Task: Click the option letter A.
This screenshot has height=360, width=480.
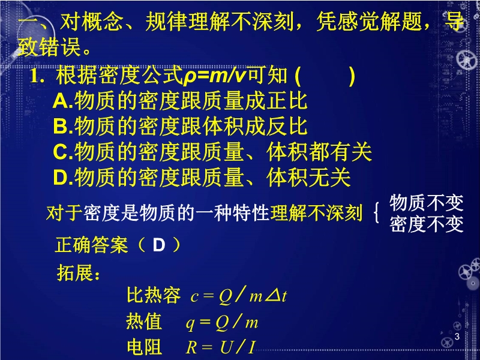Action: point(61,101)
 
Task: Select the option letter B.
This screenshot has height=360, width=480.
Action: point(61,127)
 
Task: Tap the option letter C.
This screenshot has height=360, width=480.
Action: point(61,152)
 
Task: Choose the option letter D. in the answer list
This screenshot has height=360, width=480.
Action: point(63,178)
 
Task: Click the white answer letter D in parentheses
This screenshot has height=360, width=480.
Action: point(159,245)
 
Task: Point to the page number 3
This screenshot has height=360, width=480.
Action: point(457,337)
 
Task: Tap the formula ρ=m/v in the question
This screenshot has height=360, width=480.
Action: point(215,76)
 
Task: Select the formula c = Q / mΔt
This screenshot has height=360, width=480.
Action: point(239,295)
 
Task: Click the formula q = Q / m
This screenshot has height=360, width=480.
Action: point(222,322)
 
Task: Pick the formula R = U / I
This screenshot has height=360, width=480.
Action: point(220,347)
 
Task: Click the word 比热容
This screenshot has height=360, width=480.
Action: point(154,295)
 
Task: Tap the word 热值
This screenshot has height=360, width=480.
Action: point(144,322)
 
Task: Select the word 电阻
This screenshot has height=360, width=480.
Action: point(144,347)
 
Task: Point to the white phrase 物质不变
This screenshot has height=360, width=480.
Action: point(427,203)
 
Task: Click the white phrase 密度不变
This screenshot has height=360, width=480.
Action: point(427,224)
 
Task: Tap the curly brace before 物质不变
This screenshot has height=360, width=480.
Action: point(377,214)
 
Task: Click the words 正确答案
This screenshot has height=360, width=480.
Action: point(92,245)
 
